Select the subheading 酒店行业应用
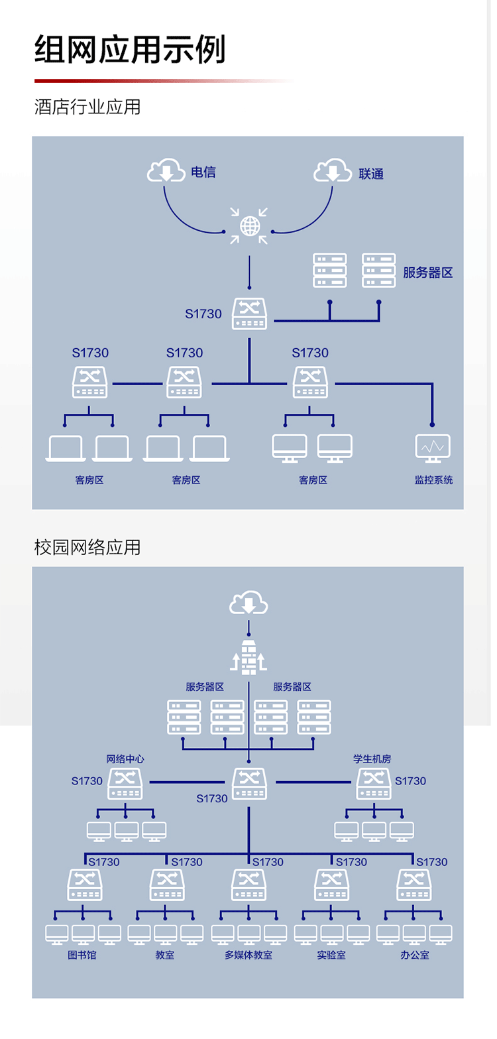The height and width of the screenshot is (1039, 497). (87, 107)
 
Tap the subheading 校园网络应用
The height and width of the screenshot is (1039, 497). (87, 548)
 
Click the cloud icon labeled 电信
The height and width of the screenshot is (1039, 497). (166, 171)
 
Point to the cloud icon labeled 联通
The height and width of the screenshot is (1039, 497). (332, 171)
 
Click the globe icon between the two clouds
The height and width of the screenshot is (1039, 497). (249, 227)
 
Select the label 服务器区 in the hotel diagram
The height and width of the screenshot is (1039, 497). (428, 273)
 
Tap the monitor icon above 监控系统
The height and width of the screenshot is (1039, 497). (433, 448)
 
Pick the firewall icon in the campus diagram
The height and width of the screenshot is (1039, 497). (248, 658)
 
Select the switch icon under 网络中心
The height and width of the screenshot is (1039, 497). (125, 784)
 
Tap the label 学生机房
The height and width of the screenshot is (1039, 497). (372, 759)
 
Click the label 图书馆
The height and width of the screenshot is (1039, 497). (82, 955)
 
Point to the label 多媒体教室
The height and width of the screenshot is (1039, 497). (248, 955)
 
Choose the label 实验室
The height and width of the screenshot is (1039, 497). (331, 955)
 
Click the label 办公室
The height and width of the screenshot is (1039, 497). (414, 955)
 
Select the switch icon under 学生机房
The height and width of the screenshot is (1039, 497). (374, 784)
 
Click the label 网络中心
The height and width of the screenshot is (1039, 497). (125, 759)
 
